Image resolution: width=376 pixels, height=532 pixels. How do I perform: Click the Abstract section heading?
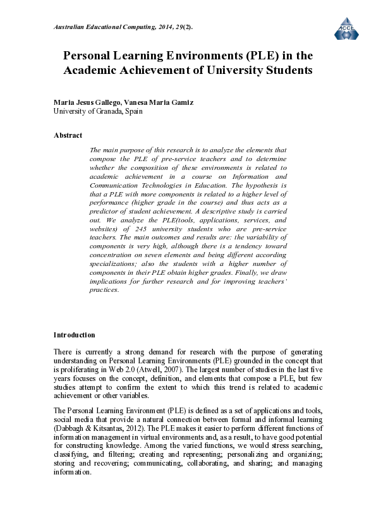(x=68, y=135)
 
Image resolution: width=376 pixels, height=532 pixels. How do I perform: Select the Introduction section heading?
(x=74, y=335)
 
